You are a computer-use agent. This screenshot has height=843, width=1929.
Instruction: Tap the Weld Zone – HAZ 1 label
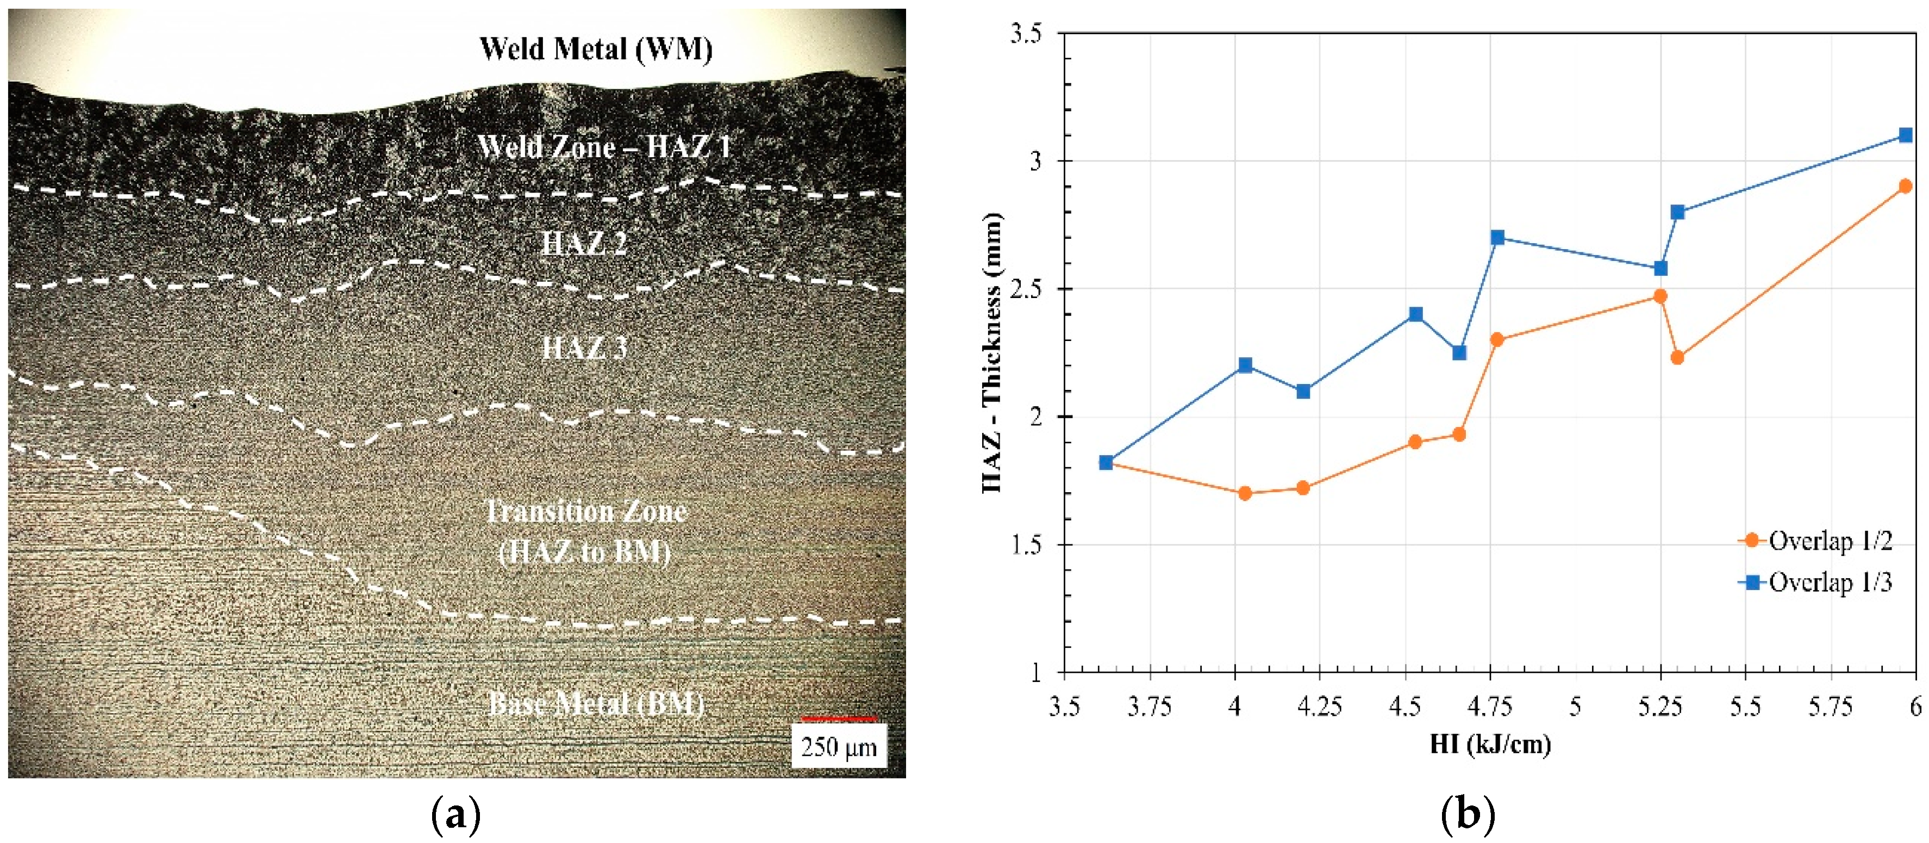[603, 146]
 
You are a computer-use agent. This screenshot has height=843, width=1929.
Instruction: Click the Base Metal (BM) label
[596, 704]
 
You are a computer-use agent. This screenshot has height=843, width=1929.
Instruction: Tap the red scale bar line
[838, 718]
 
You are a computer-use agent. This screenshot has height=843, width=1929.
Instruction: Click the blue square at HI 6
[1906, 135]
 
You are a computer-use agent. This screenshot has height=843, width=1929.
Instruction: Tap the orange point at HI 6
[1906, 186]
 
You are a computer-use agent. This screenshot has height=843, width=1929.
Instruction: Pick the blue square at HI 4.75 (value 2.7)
[1497, 238]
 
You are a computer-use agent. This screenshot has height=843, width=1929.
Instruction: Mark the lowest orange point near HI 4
[1245, 493]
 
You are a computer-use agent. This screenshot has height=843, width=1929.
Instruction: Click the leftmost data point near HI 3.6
[1106, 462]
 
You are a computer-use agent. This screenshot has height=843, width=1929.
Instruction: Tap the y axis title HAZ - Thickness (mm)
[991, 352]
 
